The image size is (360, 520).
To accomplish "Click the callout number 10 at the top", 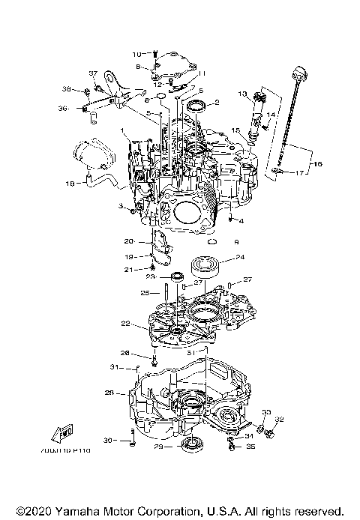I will (x=136, y=54).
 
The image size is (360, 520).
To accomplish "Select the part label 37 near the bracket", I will (x=94, y=73).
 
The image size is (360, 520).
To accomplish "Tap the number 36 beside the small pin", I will (x=63, y=109).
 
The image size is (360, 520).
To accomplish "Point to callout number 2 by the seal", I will (x=217, y=103).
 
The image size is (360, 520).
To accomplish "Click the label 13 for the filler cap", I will (x=242, y=94).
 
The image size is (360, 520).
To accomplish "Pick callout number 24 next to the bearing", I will (x=240, y=258).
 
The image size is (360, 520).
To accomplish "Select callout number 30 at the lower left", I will (x=106, y=441).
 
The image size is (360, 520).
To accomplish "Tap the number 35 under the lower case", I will (x=250, y=447).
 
